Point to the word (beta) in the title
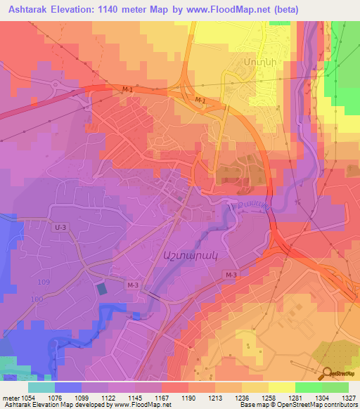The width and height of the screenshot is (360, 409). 284,10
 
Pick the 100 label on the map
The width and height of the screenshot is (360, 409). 37,300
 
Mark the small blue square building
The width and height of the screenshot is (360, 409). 101,289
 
